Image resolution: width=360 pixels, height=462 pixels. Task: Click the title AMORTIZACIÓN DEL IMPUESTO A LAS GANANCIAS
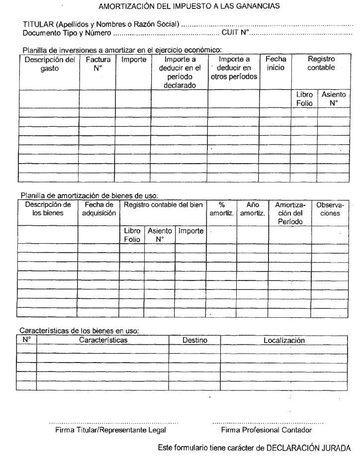(x=189, y=7)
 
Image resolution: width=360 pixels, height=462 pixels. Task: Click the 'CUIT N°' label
(x=235, y=33)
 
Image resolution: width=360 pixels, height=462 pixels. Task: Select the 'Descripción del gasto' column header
(x=49, y=64)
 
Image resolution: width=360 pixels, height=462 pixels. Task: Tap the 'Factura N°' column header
(x=97, y=64)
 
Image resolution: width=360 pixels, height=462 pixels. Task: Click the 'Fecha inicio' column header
(x=275, y=64)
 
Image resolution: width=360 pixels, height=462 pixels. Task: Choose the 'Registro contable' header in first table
(x=321, y=64)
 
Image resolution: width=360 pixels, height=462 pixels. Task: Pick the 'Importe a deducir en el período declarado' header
(x=180, y=72)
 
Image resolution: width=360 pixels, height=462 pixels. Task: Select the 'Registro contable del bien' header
(x=163, y=205)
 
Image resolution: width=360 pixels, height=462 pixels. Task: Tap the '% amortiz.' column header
(x=221, y=209)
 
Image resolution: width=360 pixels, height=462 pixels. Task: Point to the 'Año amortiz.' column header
(x=253, y=209)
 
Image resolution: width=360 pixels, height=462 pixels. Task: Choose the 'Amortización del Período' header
(x=290, y=213)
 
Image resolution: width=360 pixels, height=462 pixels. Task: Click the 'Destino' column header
(x=194, y=341)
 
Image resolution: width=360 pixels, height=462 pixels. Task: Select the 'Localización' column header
(x=283, y=341)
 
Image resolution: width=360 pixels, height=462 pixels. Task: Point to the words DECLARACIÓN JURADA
(x=308, y=448)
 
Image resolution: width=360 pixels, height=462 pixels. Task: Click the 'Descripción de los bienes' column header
(x=48, y=209)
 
